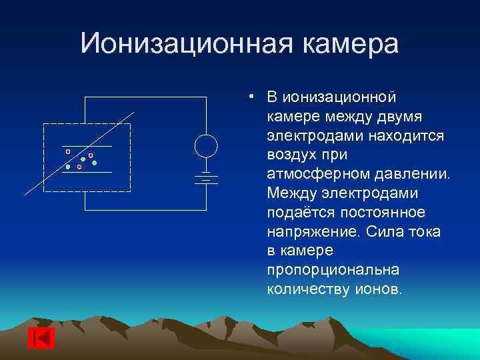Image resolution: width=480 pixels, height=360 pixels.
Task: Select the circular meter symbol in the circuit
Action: (206, 146)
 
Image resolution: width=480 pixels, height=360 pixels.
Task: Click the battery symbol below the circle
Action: (206, 177)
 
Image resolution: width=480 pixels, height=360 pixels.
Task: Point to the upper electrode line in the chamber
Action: (87, 145)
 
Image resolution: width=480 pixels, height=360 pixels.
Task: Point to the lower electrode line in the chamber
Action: (87, 172)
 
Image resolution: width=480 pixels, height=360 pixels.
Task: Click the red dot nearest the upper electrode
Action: (68, 151)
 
